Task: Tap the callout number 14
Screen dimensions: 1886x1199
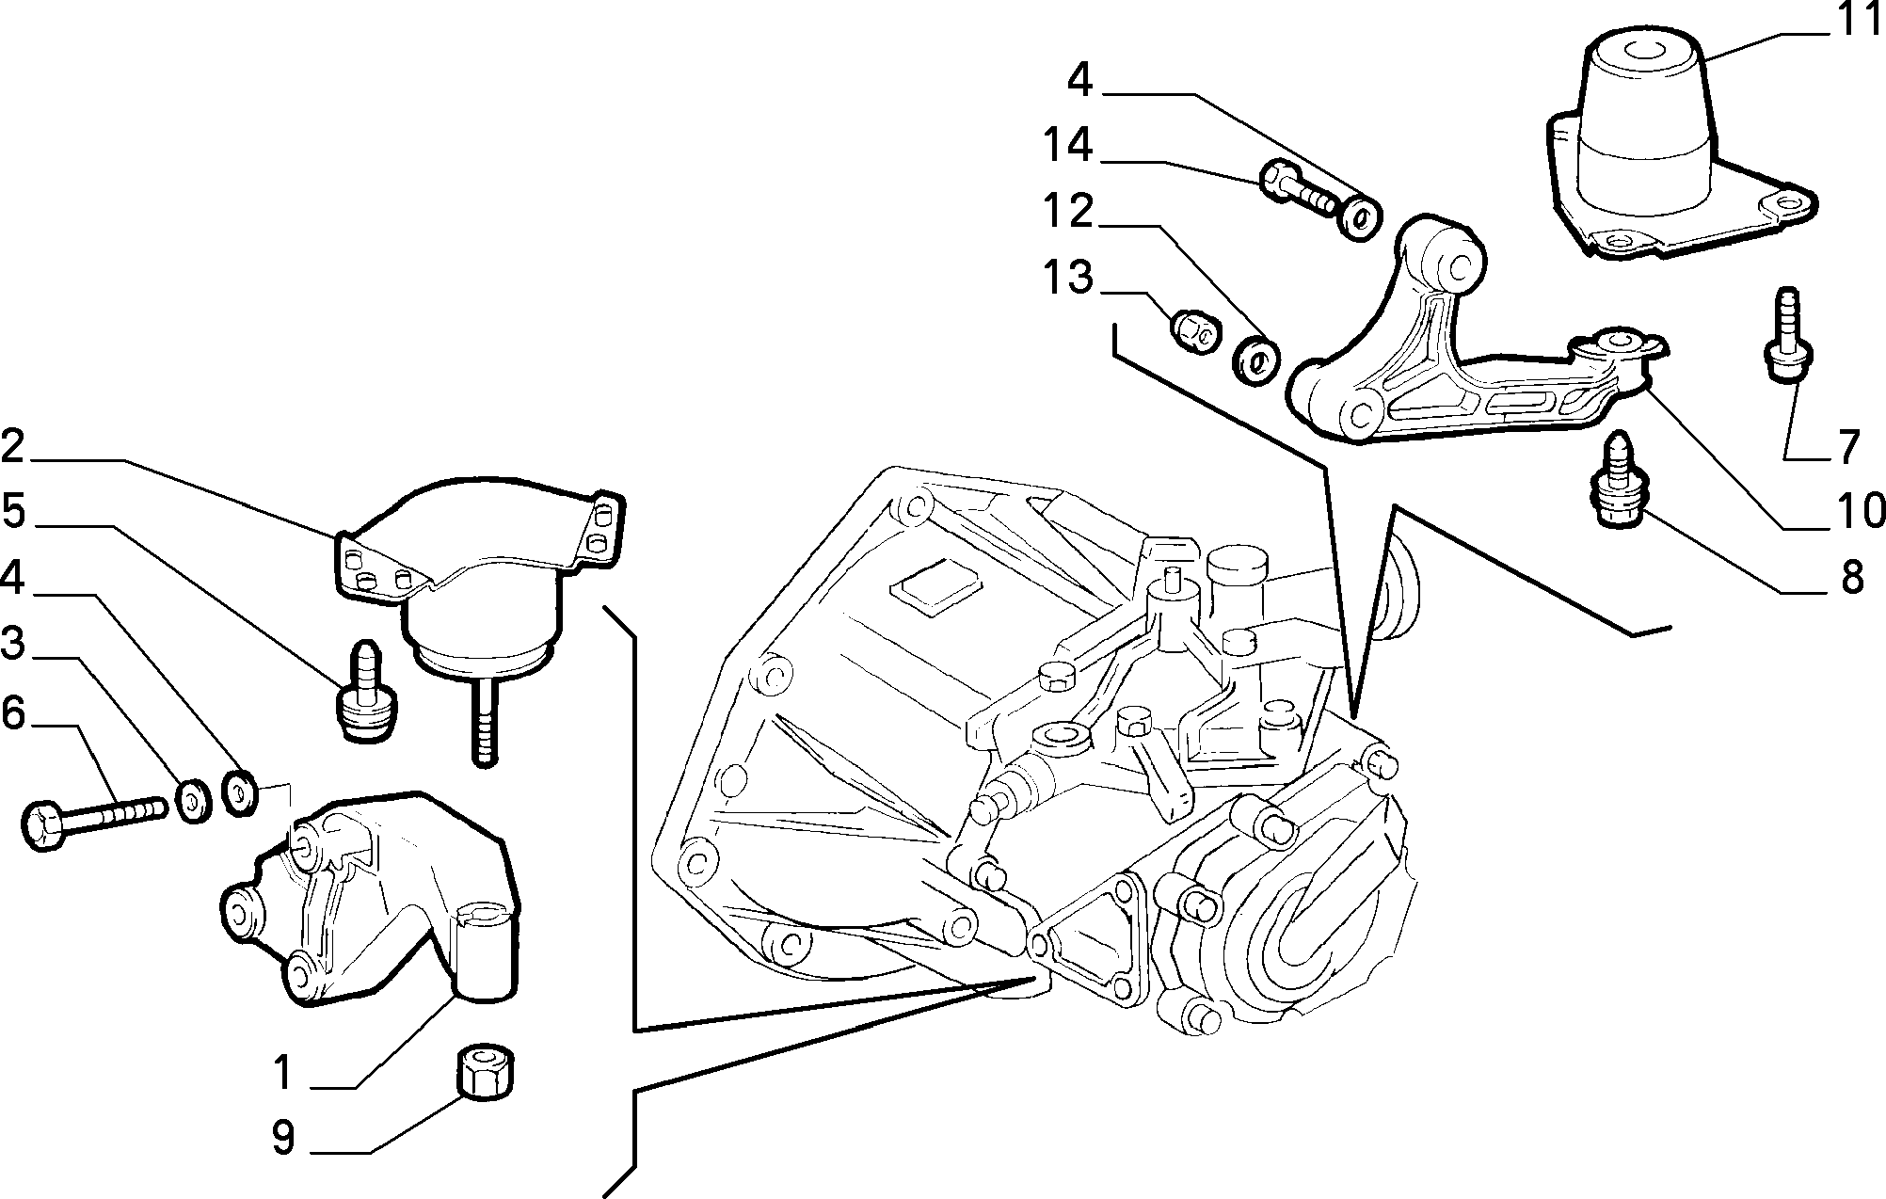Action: [1067, 146]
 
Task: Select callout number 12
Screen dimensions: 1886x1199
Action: [1067, 212]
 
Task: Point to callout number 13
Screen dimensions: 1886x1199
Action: [1067, 278]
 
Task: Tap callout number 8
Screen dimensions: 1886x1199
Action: [1851, 577]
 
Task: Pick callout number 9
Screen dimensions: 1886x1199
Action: [283, 1138]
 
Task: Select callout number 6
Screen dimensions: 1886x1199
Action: [12, 713]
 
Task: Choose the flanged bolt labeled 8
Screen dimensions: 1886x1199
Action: [1618, 480]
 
